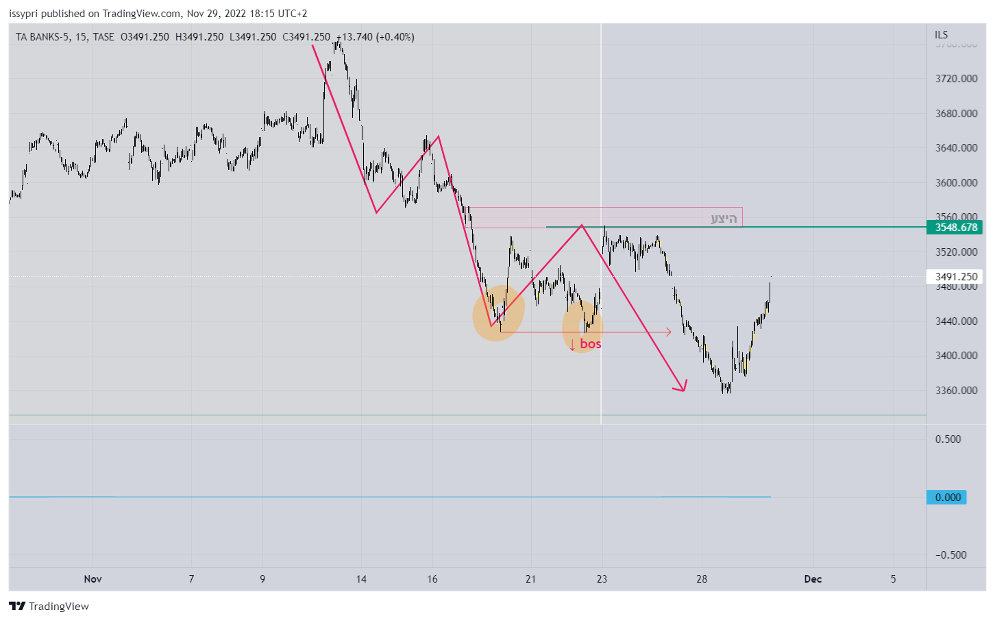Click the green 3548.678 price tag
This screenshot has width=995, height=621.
(x=955, y=228)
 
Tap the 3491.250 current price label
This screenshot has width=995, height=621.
(x=955, y=277)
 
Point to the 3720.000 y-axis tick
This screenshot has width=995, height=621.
(x=956, y=79)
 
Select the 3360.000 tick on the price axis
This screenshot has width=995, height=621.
(x=956, y=391)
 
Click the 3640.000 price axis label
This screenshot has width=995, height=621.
(x=956, y=148)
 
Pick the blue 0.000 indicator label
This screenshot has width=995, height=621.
(x=947, y=498)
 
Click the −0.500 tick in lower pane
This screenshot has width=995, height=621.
(x=950, y=555)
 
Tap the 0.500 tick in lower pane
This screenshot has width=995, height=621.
(x=948, y=439)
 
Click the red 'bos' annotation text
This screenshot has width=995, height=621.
(x=590, y=343)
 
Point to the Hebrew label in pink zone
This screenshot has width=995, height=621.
(x=723, y=219)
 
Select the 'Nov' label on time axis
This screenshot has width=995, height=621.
(x=93, y=579)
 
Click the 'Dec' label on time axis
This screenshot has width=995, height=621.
(x=813, y=579)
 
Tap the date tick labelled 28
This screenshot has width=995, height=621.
(x=702, y=579)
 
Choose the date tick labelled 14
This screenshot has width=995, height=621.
(x=361, y=579)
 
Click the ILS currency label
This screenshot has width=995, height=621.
(x=941, y=35)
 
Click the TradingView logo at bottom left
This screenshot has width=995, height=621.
(x=49, y=606)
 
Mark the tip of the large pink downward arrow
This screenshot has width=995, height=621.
(x=684, y=391)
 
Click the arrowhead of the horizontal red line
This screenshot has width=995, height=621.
(x=669, y=332)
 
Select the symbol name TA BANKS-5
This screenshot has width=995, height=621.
(x=42, y=37)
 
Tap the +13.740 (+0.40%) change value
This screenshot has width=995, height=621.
(x=375, y=37)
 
